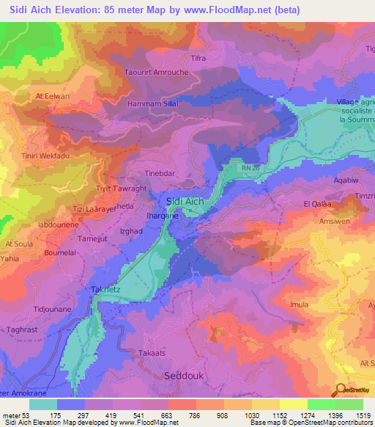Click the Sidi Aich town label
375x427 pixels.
pyautogui.click(x=185, y=201)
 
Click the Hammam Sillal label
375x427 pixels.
pyautogui.click(x=153, y=104)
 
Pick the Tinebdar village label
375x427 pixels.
pyautogui.click(x=161, y=173)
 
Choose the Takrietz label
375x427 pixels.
pyautogui.click(x=105, y=290)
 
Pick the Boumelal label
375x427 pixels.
pyautogui.click(x=60, y=252)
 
